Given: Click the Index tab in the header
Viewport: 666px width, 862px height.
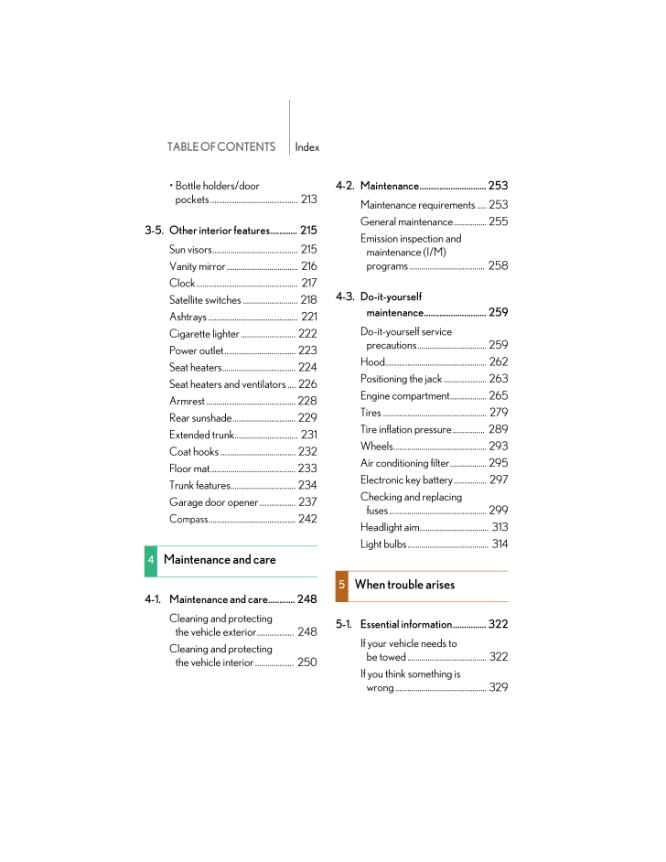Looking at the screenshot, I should (307, 146).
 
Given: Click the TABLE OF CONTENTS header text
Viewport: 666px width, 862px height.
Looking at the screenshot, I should (220, 146).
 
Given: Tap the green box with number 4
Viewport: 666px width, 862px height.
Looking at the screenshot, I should (151, 560).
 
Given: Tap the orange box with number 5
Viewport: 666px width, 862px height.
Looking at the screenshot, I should (342, 585).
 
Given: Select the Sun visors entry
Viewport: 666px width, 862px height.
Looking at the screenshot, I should (190, 249).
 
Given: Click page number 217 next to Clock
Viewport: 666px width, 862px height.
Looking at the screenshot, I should (308, 283).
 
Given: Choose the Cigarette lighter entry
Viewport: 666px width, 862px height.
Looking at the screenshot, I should (204, 334).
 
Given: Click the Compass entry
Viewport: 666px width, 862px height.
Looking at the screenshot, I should (188, 519).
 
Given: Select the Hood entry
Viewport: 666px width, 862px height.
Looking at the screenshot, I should (372, 361).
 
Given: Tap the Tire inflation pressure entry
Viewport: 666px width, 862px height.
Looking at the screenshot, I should (405, 429).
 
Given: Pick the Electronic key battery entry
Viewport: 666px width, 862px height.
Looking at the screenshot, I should (406, 479).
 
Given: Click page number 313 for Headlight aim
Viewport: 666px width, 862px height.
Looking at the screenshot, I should (499, 527).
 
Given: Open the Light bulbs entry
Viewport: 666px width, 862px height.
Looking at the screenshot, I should (383, 544).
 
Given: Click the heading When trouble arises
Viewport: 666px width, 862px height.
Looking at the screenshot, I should (404, 585).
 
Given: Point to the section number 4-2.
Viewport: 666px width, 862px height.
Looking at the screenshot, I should (345, 186).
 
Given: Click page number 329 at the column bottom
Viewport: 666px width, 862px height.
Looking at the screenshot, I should (499, 687).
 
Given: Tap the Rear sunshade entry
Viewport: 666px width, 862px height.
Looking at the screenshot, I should (200, 418).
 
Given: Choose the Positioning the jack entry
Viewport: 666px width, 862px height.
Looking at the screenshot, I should (401, 379).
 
